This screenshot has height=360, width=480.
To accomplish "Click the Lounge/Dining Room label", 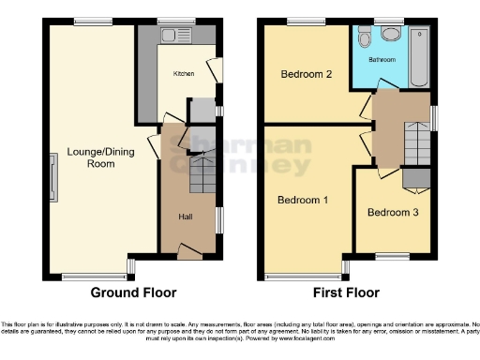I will tap(90, 157).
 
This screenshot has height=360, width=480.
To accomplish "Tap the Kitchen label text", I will tap(183, 72).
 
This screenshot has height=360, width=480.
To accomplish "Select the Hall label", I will tap(187, 217).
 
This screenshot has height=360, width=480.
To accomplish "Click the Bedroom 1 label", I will tap(302, 200).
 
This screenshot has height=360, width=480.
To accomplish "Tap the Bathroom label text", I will tap(383, 58).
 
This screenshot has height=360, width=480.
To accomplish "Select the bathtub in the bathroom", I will tap(420, 56).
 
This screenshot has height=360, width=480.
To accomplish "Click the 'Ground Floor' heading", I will tap(132, 292).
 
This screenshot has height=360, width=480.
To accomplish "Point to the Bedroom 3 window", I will tap(387, 255).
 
